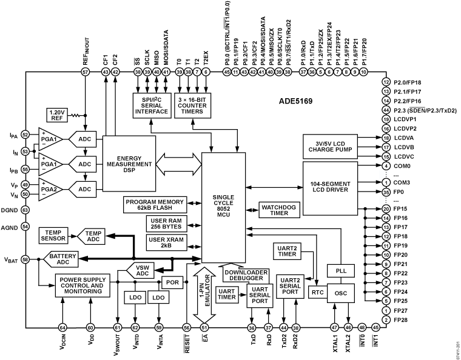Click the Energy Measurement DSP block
point(129,164)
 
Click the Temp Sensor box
point(56,235)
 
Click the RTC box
point(317,292)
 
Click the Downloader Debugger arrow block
point(241,273)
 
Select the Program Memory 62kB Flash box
point(156,205)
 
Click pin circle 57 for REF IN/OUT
point(85,72)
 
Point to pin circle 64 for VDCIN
point(62,327)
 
